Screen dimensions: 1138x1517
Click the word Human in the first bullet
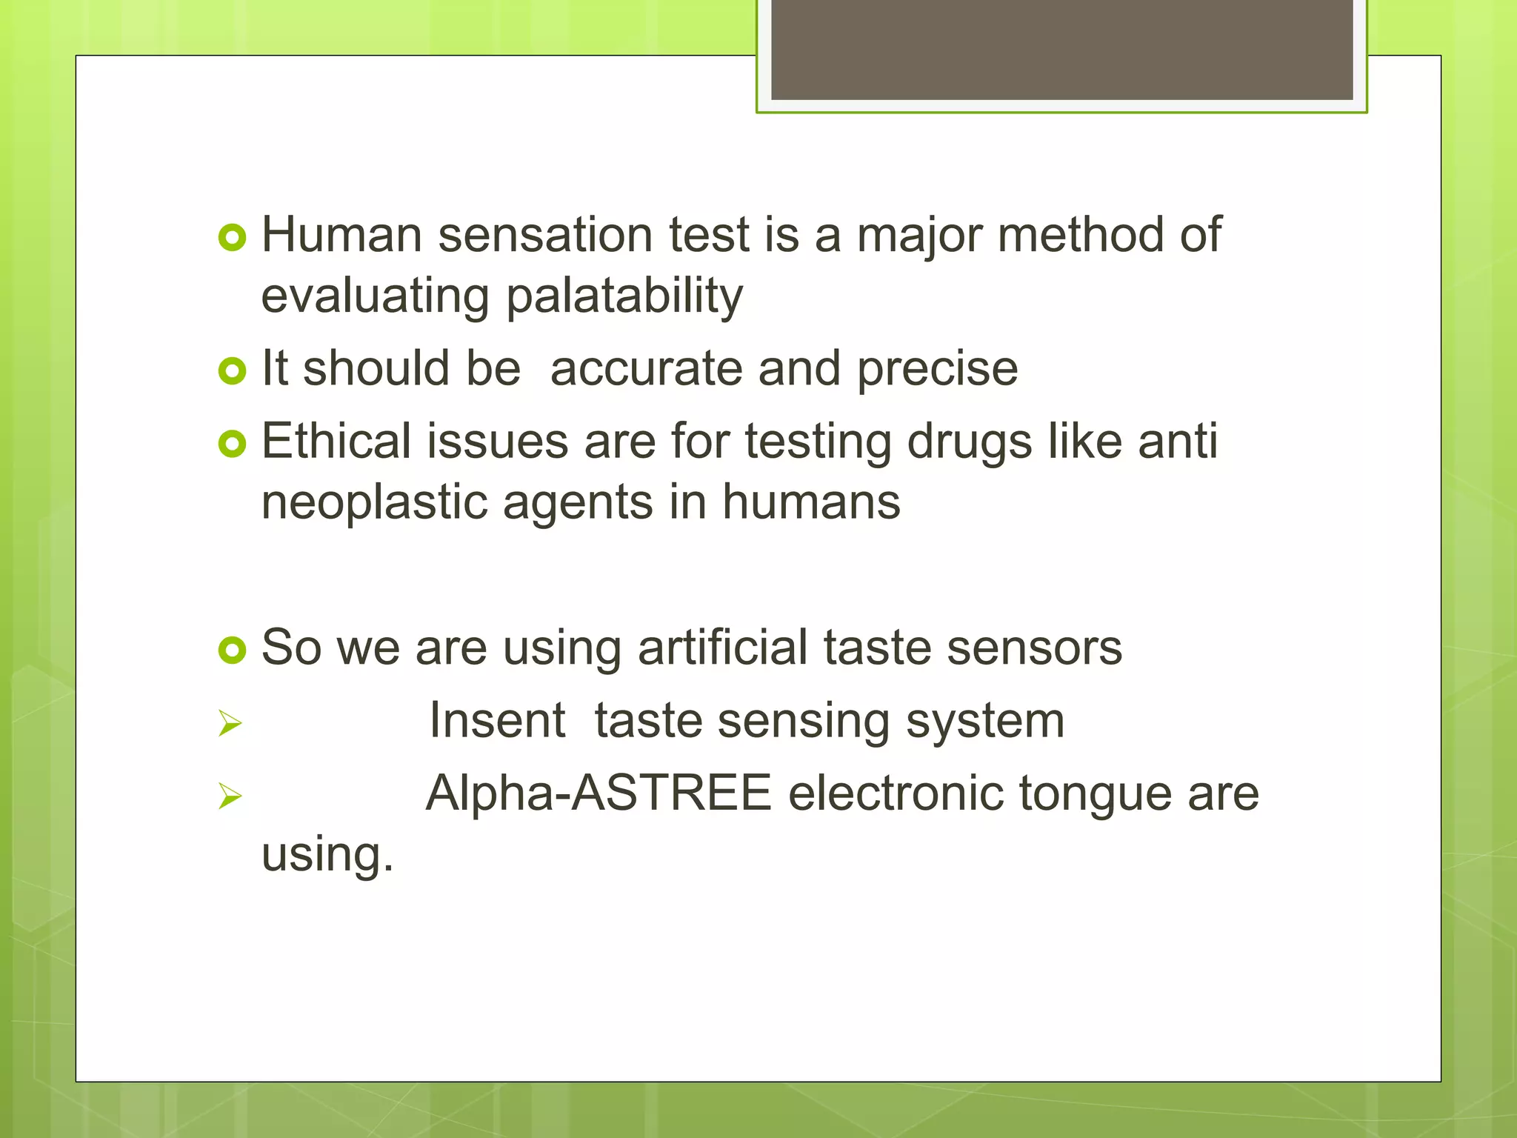pos(341,235)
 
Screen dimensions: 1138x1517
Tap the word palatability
pos(624,296)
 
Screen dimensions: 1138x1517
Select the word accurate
pos(646,368)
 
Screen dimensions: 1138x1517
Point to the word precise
pos(937,370)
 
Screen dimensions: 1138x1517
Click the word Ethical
pos(336,441)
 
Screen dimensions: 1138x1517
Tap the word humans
pos(811,502)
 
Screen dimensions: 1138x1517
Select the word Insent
pos(497,720)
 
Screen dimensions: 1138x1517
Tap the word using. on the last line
pos(327,854)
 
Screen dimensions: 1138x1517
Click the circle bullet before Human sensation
pos(232,238)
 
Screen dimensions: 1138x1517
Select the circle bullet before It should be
pos(232,370)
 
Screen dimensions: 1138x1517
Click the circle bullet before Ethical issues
pos(232,444)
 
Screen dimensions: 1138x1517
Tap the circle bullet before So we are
pos(232,650)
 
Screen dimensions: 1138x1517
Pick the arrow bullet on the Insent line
pos(230,723)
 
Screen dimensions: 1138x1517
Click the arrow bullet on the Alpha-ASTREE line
pos(230,796)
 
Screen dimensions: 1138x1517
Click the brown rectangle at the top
pos(1061,49)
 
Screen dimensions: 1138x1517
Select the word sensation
pos(545,235)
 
